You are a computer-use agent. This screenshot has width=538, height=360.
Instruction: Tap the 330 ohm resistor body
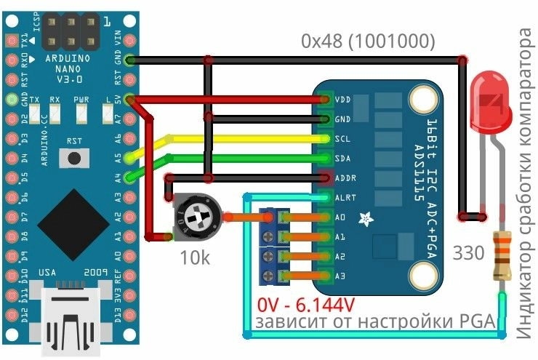(x=501, y=255)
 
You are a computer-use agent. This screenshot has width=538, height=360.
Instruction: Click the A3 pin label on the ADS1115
(x=340, y=276)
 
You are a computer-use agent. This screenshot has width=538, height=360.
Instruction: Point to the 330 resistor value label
(x=467, y=254)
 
